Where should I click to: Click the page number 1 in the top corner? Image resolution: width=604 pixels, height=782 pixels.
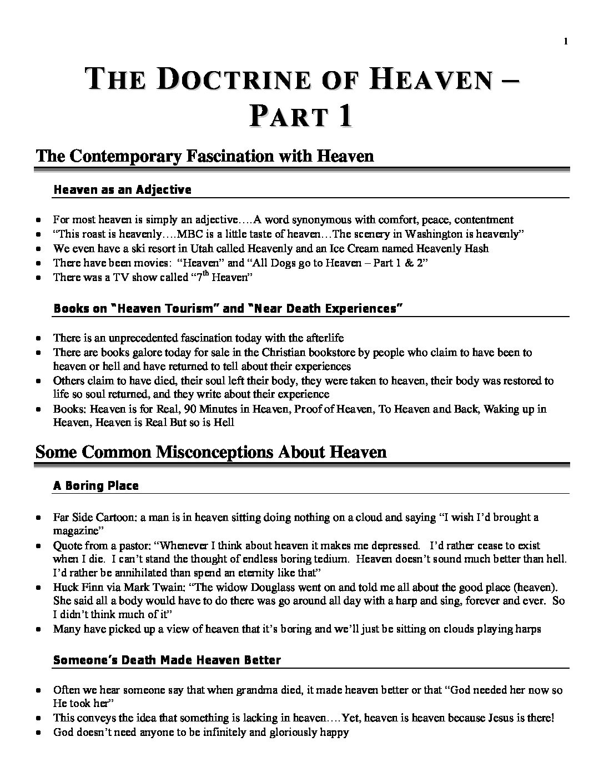[x=566, y=41]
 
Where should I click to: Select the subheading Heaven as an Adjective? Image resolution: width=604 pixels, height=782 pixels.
[x=122, y=190]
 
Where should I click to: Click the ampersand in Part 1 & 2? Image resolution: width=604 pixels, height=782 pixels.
[x=406, y=263]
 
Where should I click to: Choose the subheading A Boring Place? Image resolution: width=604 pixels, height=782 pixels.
[x=95, y=486]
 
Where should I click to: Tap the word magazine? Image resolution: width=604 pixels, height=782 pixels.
[x=75, y=531]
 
